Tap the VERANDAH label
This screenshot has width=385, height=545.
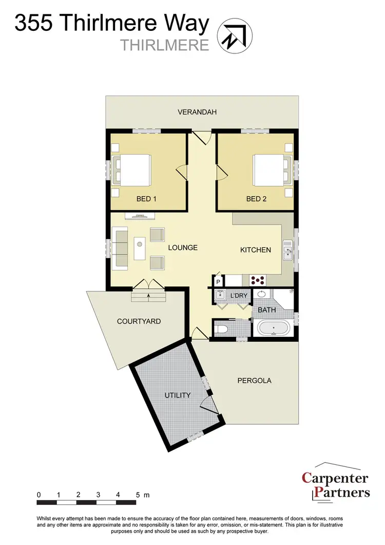(198, 112)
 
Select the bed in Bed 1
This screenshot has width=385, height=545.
(133, 171)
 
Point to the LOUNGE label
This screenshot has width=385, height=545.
(183, 247)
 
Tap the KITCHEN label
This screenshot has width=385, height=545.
(256, 250)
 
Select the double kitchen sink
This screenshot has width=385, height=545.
(287, 249)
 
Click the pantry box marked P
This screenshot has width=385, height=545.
(218, 282)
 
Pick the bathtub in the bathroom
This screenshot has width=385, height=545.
(273, 328)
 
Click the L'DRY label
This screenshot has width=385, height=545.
(239, 296)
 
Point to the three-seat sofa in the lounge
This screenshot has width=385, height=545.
(122, 249)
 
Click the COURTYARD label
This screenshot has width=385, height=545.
(139, 321)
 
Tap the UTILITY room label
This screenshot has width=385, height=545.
(178, 395)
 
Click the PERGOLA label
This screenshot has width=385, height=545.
(254, 381)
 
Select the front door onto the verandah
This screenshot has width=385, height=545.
(201, 137)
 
